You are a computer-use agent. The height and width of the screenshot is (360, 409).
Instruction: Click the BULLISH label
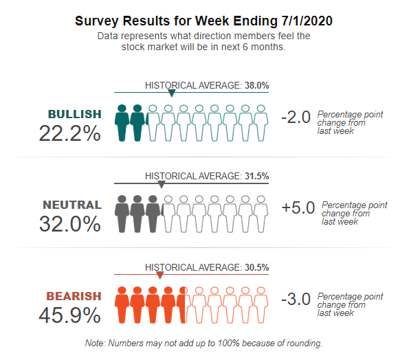tap(75, 114)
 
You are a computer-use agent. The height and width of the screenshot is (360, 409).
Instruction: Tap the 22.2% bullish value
tap(69, 133)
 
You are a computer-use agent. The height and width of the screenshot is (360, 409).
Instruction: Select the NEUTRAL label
tap(72, 205)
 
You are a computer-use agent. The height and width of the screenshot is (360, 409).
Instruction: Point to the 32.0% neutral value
tap(69, 224)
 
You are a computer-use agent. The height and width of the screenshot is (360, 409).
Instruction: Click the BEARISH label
tap(74, 296)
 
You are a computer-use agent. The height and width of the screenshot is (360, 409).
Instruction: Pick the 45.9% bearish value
tap(69, 315)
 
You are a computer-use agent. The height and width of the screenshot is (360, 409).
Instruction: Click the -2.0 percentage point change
tap(296, 117)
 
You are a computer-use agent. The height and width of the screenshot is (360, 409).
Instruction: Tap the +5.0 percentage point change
tap(298, 207)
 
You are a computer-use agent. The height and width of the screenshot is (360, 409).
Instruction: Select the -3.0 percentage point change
tap(296, 299)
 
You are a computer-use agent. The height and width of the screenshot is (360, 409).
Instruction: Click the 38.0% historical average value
tap(256, 85)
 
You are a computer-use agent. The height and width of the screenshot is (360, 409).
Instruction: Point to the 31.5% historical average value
tap(256, 176)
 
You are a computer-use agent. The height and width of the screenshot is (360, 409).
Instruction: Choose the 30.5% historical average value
tap(256, 267)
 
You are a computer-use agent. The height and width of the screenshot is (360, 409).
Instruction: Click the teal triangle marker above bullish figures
tap(171, 93)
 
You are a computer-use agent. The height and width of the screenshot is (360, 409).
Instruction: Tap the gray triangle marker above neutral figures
tap(162, 185)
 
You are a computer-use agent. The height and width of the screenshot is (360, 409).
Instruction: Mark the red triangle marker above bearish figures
tap(159, 275)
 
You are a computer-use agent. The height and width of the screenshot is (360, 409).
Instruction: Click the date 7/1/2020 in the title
tap(307, 21)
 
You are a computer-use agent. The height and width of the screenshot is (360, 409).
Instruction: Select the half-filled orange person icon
tap(184, 305)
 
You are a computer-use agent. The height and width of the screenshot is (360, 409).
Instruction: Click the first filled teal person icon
tap(122, 123)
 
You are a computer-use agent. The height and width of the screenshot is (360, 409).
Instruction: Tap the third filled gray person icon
tap(153, 214)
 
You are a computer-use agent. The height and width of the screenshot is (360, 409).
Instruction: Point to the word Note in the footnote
tap(94, 343)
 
